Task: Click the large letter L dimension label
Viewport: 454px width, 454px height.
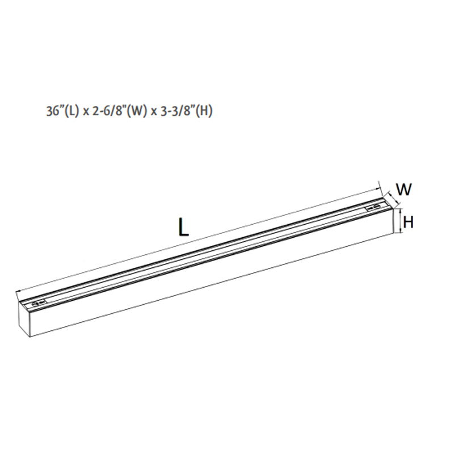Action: [183, 226]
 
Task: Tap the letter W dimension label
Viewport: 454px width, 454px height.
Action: [403, 190]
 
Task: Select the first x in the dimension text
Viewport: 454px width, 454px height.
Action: [87, 112]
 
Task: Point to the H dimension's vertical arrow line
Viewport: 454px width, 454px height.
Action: [401, 220]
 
